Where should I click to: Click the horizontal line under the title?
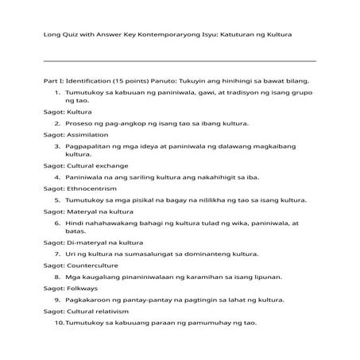[180, 60]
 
